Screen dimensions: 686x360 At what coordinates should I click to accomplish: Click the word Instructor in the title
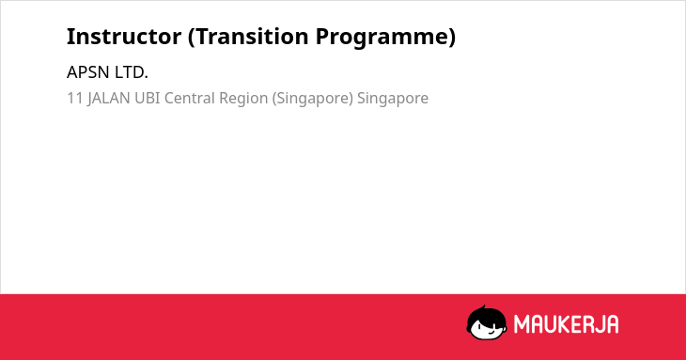(124, 37)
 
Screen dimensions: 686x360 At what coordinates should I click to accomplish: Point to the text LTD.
(132, 72)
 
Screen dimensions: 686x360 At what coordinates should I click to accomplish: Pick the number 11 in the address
(75, 98)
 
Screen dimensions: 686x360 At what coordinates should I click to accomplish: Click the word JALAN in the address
(108, 98)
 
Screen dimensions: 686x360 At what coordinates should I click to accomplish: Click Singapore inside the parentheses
(312, 99)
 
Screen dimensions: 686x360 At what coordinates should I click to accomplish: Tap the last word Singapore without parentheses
(393, 99)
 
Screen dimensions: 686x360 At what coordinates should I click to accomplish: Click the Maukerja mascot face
(487, 322)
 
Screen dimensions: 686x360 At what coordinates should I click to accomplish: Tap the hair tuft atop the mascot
(483, 307)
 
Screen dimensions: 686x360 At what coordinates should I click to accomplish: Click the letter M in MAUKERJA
(522, 324)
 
